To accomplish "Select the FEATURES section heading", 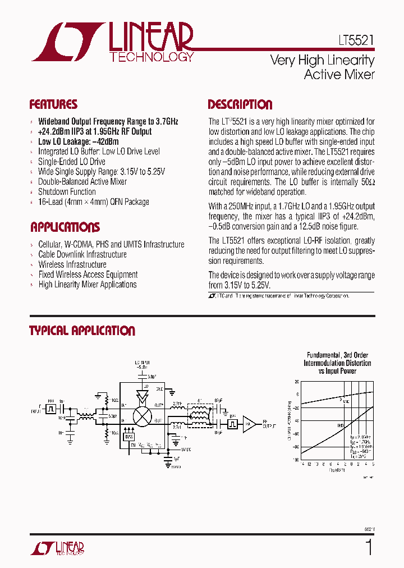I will pyautogui.click(x=53, y=104).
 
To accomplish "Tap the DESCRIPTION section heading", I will pyautogui.click(x=240, y=104).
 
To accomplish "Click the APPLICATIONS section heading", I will pyautogui.click(x=65, y=227).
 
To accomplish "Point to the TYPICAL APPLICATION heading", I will pyautogui.click(x=82, y=331).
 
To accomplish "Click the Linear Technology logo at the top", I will pyautogui.click(x=112, y=43).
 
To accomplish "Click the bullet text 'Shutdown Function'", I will pyautogui.click(x=67, y=192).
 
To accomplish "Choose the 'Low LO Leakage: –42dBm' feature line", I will pyautogui.click(x=78, y=141).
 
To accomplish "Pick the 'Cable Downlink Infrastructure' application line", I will pyautogui.click(x=82, y=254).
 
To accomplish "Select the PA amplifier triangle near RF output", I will pyautogui.click(x=250, y=425).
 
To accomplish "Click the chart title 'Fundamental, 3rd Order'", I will pyautogui.click(x=337, y=355).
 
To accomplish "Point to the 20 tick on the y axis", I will pyautogui.click(x=297, y=382).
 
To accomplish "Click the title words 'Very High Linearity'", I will pyautogui.click(x=322, y=60).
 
